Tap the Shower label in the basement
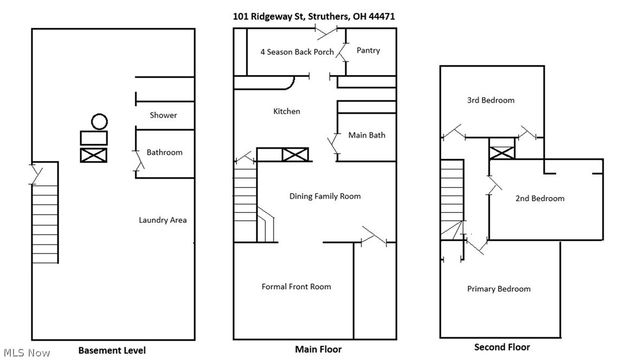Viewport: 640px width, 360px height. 163,116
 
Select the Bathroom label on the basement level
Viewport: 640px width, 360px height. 165,152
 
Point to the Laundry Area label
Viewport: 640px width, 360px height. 163,220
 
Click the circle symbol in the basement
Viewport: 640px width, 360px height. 98,122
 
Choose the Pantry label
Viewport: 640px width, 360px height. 368,50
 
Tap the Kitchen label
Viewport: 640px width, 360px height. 286,111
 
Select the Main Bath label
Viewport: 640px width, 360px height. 367,133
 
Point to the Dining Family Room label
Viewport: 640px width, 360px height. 324,196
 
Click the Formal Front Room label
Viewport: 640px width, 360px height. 296,286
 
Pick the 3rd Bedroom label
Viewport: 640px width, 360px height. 491,100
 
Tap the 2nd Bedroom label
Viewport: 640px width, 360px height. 539,198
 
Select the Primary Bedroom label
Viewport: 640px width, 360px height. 499,289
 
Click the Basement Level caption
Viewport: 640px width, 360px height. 111,350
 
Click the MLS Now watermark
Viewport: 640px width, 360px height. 27,352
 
